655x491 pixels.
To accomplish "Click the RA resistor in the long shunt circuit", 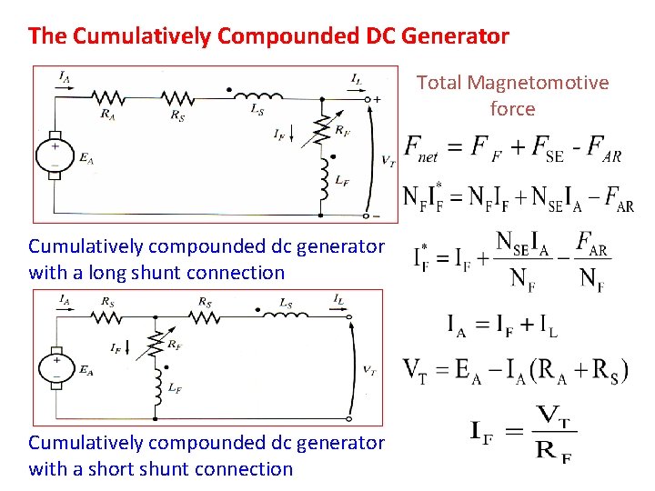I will click(x=108, y=95).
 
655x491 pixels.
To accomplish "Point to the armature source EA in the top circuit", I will click(x=55, y=154).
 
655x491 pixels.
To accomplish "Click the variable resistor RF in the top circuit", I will click(x=319, y=131).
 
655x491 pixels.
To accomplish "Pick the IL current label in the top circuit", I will click(x=358, y=79).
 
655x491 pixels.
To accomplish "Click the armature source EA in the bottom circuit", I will click(x=55, y=367).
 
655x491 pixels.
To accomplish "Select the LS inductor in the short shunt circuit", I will click(x=284, y=311).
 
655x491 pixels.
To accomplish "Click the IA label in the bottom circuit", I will click(x=65, y=298).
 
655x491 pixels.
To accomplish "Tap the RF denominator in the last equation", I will click(x=553, y=453).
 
